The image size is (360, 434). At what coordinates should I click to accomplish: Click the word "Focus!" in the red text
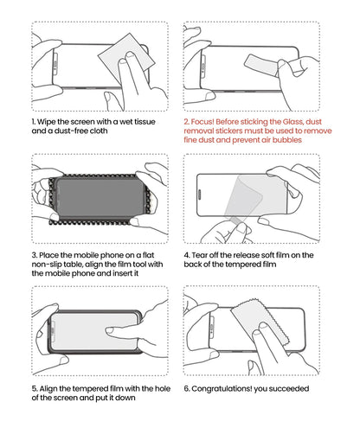click(x=202, y=122)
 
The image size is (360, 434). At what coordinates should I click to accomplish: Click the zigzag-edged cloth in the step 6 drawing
click(x=260, y=322)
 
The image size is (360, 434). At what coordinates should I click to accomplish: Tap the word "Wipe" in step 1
click(x=47, y=122)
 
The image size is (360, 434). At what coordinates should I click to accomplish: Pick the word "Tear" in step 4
click(x=199, y=255)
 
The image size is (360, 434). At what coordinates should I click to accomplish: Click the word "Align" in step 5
click(x=48, y=389)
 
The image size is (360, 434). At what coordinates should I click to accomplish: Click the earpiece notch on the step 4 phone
click(x=200, y=195)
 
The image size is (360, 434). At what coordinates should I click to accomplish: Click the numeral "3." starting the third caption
click(x=35, y=255)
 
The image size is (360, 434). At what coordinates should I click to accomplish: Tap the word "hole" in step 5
click(x=163, y=389)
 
